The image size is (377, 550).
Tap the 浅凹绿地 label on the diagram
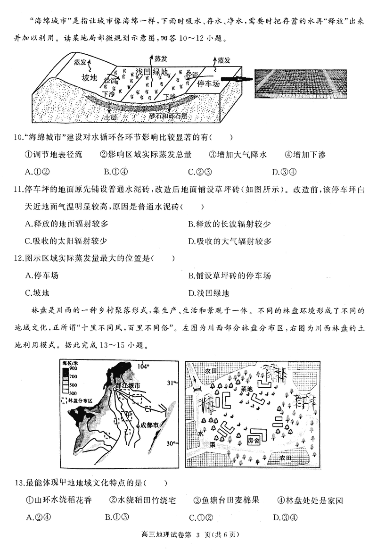pyautogui.click(x=152, y=72)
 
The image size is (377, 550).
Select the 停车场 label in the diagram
pyautogui.click(x=209, y=84)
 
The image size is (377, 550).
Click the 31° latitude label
pyautogui.click(x=171, y=383)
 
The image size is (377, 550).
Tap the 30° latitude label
pyautogui.click(x=171, y=443)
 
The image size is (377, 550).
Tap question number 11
pyautogui.click(x=19, y=191)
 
